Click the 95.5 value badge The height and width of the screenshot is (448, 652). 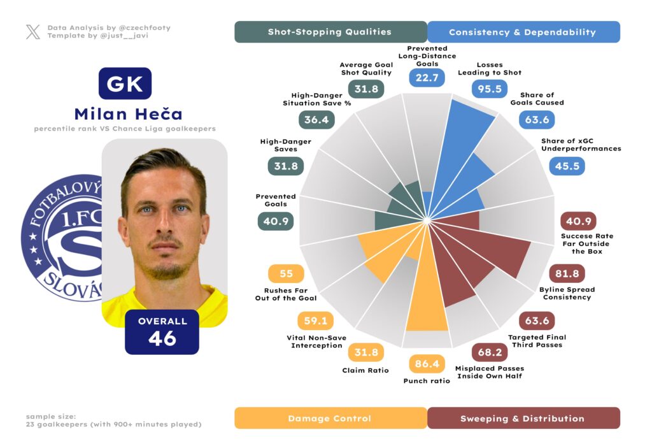(x=490, y=89)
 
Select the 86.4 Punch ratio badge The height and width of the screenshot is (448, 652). (x=427, y=365)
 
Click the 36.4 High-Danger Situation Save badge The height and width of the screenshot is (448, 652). (x=316, y=120)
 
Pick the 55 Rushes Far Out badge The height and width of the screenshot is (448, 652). (x=286, y=274)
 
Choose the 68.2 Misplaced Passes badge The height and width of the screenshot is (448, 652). (x=489, y=352)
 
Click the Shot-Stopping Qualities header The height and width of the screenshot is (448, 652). (x=330, y=32)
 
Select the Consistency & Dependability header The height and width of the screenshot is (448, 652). (x=523, y=32)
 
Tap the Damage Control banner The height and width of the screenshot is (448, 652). (x=330, y=418)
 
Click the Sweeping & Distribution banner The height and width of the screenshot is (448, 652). (x=523, y=418)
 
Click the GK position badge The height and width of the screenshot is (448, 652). (x=125, y=83)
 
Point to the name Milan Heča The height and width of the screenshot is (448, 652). (x=128, y=114)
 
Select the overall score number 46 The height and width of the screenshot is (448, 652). (x=162, y=338)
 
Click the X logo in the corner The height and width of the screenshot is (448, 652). (x=33, y=32)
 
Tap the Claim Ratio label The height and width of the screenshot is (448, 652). (x=365, y=370)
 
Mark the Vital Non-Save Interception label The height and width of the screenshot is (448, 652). (x=316, y=342)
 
